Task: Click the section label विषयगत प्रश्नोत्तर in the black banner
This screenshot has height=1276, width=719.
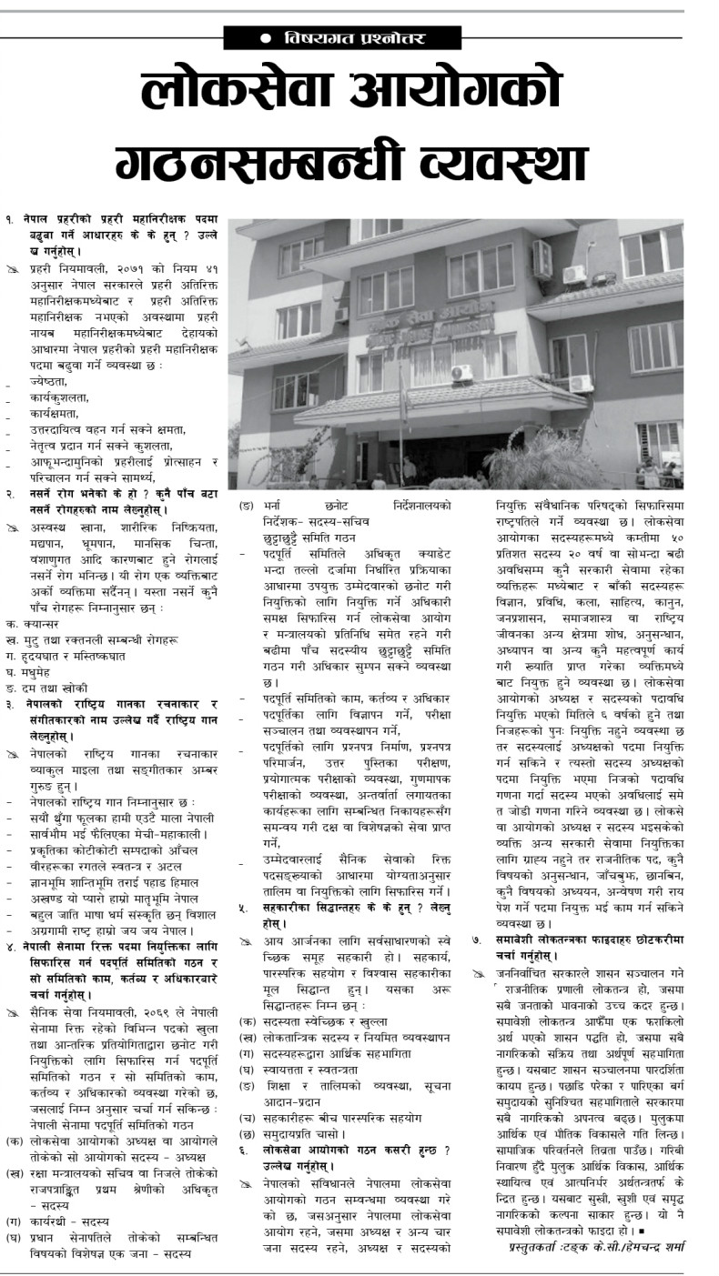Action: pos(354,39)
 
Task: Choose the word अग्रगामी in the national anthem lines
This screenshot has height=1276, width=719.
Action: pos(54,929)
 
